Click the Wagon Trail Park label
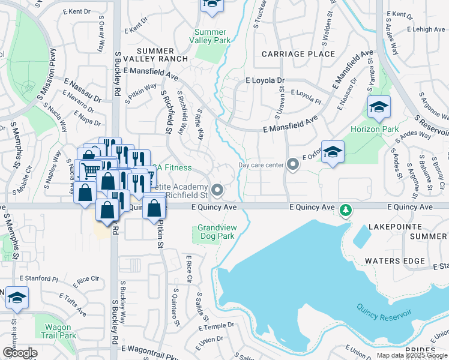[x=59, y=331]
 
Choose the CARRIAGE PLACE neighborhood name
[x=298, y=54]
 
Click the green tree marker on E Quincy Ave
[x=345, y=210]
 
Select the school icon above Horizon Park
[x=379, y=107]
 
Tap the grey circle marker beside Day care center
[x=292, y=164]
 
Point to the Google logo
[x=20, y=353]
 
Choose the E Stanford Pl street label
[x=38, y=279]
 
